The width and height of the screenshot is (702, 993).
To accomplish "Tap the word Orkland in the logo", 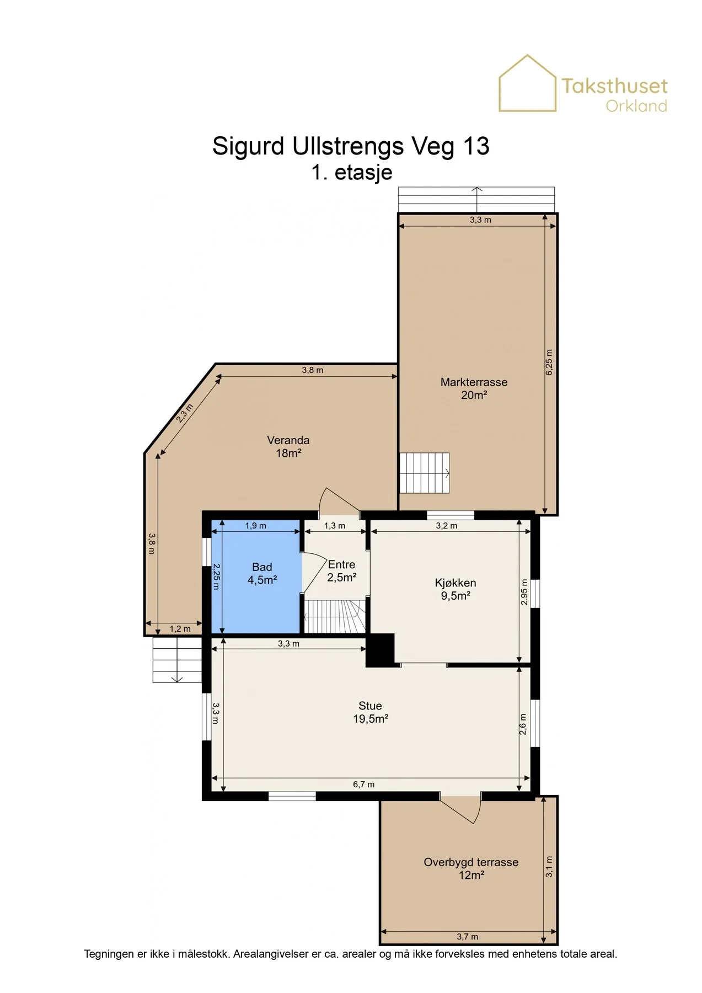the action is point(636,106).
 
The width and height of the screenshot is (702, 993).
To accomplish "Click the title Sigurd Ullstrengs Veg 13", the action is point(351,146).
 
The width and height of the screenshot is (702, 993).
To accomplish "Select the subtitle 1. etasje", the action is point(351,172).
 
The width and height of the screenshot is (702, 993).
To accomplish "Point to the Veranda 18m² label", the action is point(288,446).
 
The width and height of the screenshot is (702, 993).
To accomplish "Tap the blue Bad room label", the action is point(262,573).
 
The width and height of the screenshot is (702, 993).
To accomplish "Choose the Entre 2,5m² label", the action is point(342,571).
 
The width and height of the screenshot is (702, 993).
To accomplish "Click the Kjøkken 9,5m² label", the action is point(456,589).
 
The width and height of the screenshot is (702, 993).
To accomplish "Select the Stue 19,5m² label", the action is point(371,712).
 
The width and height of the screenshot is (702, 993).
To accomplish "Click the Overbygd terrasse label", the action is point(471,868).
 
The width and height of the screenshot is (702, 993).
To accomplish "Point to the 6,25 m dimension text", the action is point(549,362).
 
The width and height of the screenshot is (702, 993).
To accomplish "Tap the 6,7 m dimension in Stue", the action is point(363,784).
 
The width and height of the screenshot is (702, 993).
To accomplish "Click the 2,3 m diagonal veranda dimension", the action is point(185,413).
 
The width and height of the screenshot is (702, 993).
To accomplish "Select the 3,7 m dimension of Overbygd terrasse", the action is point(467,937).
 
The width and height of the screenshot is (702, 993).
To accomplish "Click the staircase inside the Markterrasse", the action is point(424,473).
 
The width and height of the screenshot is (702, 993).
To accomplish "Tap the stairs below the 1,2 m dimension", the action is point(177,660).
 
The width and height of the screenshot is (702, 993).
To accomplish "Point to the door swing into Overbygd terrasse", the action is point(462,810).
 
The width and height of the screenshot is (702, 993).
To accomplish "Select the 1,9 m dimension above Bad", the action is point(255,526).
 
